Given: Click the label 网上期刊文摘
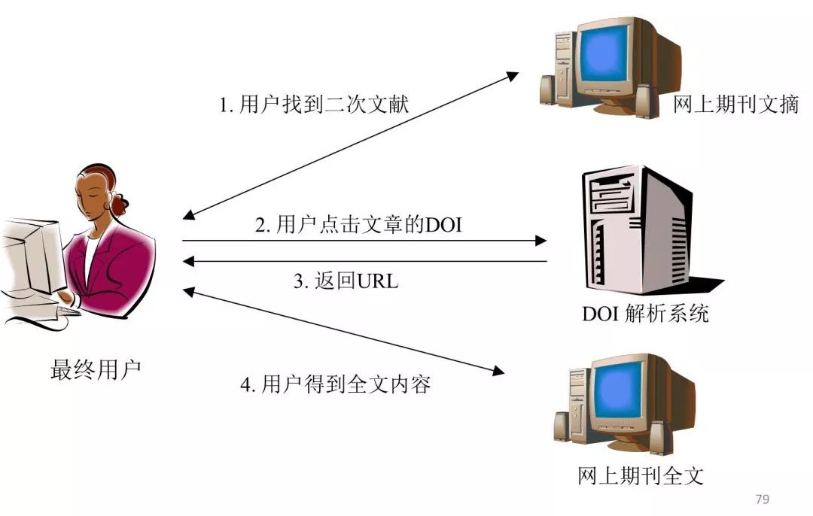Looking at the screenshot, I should (735, 105).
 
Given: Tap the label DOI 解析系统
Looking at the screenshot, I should (645, 313).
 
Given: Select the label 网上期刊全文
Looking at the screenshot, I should (641, 475).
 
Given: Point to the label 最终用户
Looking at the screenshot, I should (95, 370).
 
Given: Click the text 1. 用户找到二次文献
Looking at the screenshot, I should (314, 105).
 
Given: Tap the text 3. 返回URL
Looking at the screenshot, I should (346, 281).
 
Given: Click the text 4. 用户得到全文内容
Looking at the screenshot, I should (335, 385).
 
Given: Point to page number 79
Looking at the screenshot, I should (761, 499).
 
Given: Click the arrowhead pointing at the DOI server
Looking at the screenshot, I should (540, 241).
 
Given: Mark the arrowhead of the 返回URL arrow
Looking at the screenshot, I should (189, 261).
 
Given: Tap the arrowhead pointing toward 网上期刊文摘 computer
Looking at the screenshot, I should (513, 76).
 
